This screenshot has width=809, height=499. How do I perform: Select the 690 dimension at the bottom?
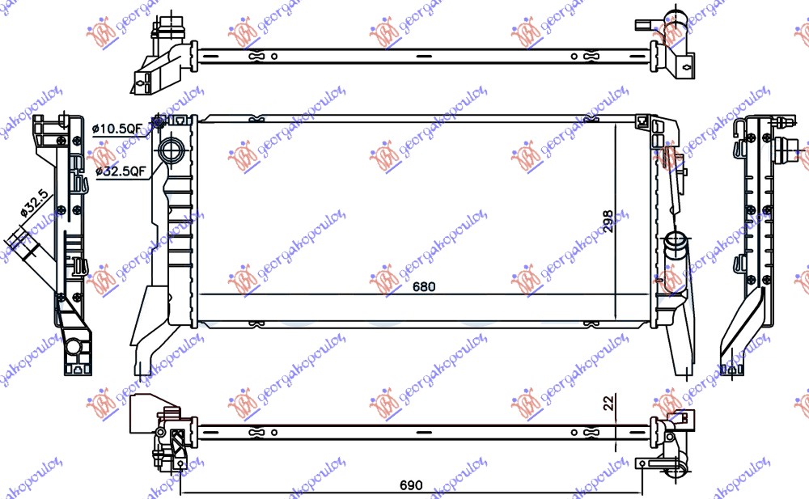point(411,486)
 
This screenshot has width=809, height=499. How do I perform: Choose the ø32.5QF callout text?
point(121,171)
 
